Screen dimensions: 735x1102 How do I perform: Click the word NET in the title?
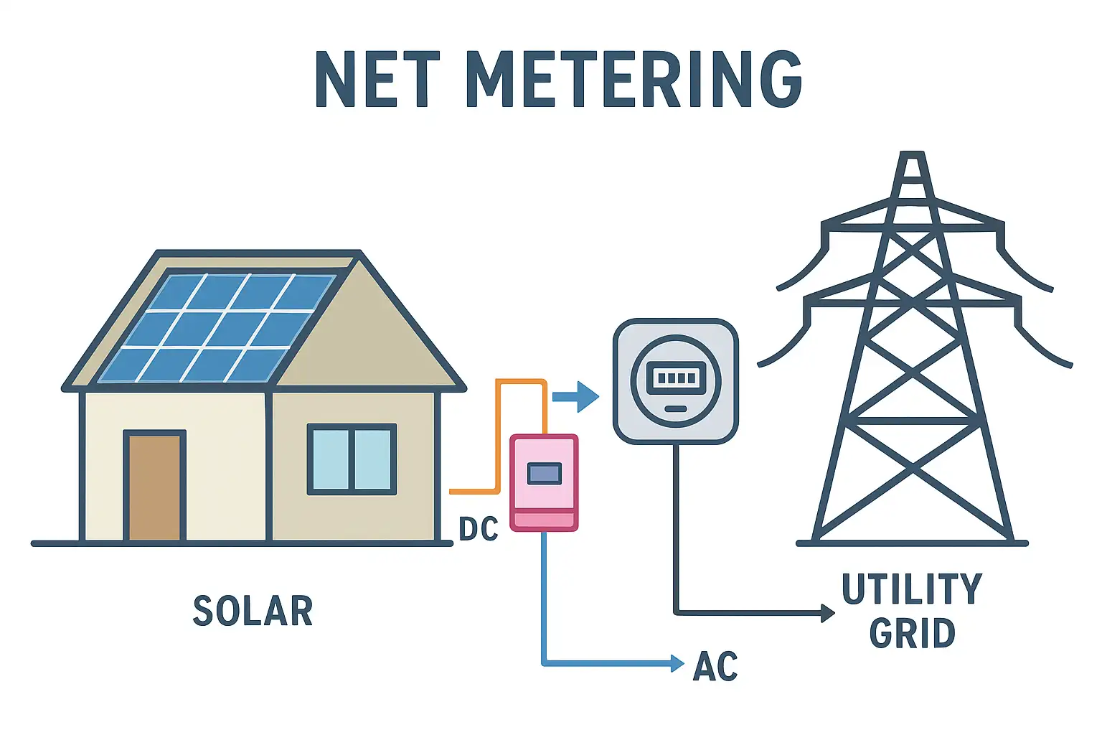(x=377, y=80)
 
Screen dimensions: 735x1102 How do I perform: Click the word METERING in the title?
(x=634, y=80)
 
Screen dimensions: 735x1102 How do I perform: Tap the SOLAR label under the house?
(x=253, y=612)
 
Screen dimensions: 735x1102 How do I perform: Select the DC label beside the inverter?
(x=479, y=529)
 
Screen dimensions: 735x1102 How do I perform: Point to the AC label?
(x=715, y=667)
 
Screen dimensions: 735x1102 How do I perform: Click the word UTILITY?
(x=912, y=589)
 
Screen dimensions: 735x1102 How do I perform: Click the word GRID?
(x=912, y=634)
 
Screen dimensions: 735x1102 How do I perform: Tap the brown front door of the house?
(x=155, y=487)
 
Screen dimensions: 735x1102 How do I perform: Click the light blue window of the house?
(x=352, y=459)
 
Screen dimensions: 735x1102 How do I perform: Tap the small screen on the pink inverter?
(x=544, y=473)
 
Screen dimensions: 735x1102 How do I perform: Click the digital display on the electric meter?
(x=676, y=377)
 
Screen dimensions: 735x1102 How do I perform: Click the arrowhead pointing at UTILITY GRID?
(x=828, y=613)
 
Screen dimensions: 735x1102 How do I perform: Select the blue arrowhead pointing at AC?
(x=677, y=663)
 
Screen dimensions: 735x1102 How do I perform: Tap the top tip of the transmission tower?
(x=912, y=154)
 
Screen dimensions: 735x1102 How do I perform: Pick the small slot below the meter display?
(x=676, y=408)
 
